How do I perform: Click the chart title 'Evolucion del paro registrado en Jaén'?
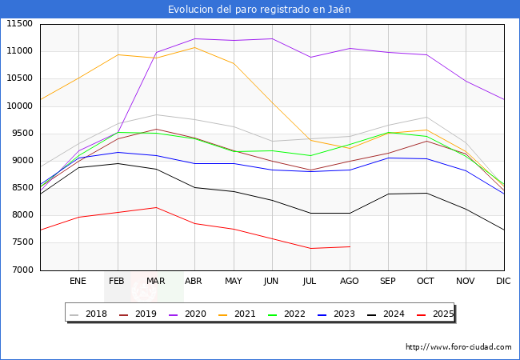pos(259,10)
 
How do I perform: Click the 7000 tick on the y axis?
pos(22,270)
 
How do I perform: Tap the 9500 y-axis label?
pos(22,134)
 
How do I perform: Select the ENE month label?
pos(78,282)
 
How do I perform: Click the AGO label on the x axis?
pos(350,282)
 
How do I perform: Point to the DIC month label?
pos(503,282)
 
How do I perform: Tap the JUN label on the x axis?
pos(271,282)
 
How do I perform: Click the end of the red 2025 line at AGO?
pos(350,246)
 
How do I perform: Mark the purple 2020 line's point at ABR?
pos(194,38)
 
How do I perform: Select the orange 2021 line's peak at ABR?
pos(194,47)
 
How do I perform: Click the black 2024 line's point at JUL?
pos(310,213)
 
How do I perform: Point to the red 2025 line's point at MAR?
pos(156,207)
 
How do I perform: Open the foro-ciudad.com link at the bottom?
pos(458,347)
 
